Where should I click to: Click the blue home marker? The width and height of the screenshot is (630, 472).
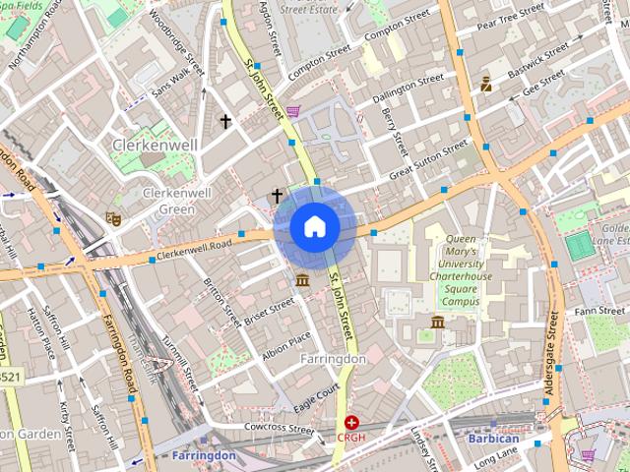(x=314, y=227)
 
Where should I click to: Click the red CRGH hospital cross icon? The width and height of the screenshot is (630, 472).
(x=351, y=422)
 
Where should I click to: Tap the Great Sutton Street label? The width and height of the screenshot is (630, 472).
(x=428, y=160)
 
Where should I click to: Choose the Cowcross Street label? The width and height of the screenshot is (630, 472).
(x=280, y=429)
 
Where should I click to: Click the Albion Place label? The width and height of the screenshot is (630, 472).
(x=286, y=343)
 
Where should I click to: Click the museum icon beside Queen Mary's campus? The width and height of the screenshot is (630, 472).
(x=438, y=322)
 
